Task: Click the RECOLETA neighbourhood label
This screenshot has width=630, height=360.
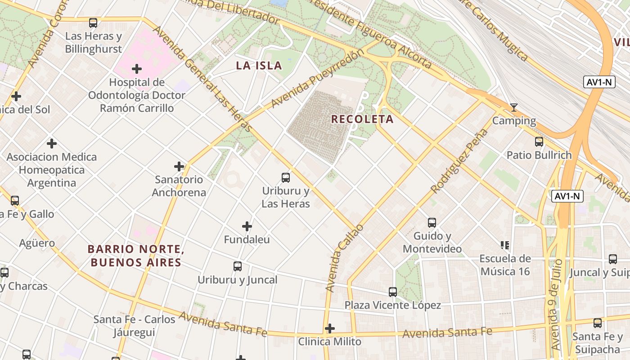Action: pos(362,119)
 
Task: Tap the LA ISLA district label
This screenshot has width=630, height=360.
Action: pos(259,66)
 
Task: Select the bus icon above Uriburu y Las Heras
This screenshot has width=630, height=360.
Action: pos(286,178)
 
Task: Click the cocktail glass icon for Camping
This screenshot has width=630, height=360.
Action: pos(513,108)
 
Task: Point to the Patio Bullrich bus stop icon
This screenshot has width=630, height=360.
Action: pos(539,142)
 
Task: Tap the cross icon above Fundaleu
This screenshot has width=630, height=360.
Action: pos(247,226)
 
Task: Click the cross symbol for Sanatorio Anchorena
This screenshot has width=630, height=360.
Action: pos(179,166)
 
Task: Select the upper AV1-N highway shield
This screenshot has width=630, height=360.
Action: pos(599,82)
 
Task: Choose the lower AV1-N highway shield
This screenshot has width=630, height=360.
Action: pos(567,196)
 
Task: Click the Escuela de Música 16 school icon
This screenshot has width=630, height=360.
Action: pos(505,245)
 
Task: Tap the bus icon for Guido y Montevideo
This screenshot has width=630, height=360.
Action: pos(432,223)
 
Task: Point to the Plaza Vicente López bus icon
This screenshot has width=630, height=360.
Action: pos(393,292)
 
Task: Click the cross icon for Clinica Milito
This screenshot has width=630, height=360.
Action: pos(330,328)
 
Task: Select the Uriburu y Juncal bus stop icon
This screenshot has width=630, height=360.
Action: pos(238,266)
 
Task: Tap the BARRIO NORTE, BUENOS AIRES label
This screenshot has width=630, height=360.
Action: pos(136,256)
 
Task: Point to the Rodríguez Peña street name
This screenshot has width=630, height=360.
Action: pos(459,161)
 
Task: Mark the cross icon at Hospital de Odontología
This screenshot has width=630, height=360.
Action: pos(137,69)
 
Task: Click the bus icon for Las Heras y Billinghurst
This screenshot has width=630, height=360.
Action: pos(93,23)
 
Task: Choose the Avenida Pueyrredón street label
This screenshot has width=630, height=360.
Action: pos(317,79)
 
